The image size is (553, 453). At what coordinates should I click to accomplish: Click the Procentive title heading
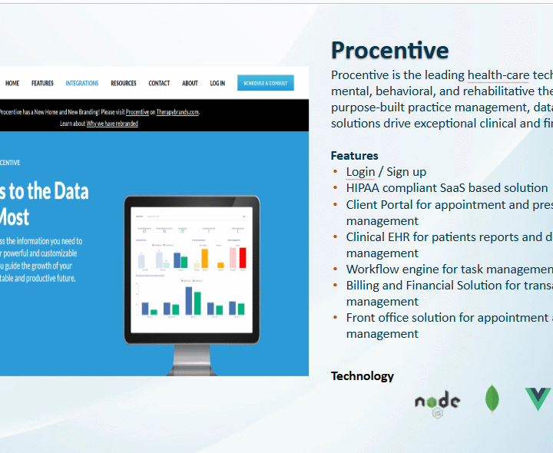coord(389,51)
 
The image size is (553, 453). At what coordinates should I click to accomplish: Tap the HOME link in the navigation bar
coord(12,83)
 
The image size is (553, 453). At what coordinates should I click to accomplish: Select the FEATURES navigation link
coord(42,83)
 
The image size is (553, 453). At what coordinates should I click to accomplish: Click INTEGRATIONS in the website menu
coord(82,83)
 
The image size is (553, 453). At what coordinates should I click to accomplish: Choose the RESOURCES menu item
coord(123,83)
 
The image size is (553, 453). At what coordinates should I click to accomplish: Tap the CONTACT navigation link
coord(159,83)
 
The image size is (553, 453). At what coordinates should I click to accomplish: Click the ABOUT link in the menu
coord(190,83)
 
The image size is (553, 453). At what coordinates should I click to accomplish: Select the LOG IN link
coord(217,83)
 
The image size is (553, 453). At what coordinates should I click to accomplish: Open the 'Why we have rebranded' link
coord(112,123)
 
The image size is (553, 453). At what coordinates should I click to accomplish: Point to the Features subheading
coord(354,155)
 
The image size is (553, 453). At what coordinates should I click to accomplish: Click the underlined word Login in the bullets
coord(360,172)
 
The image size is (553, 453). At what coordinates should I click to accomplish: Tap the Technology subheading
coord(362,375)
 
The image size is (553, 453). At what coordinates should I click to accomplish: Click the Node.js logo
coord(437,402)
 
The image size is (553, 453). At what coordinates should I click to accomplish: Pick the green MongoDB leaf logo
coord(492,399)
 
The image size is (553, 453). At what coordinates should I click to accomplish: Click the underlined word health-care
coord(498,75)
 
